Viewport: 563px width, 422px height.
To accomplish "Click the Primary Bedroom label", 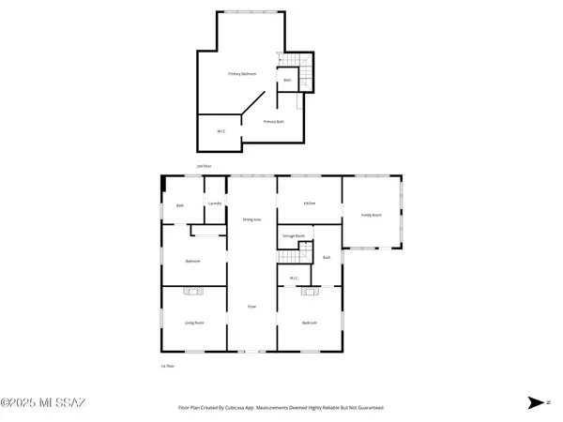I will (243, 73).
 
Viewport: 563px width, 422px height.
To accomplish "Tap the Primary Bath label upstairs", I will (274, 122).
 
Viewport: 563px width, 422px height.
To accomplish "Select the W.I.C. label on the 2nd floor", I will (221, 131).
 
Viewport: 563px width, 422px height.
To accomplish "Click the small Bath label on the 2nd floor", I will (287, 81).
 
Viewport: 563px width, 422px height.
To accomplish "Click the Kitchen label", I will (309, 203).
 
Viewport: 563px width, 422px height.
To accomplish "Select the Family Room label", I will (372, 215).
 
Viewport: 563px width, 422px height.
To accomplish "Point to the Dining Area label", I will (252, 219).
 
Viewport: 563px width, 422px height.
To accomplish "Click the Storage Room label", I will (295, 235).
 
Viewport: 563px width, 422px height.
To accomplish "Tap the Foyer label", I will (251, 307).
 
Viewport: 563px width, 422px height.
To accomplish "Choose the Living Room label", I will (193, 323).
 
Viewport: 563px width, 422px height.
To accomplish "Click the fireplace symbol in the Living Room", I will (193, 292).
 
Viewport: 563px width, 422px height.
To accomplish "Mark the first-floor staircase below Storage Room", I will (302, 253).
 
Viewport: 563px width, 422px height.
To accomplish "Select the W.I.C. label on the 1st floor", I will (294, 278).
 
